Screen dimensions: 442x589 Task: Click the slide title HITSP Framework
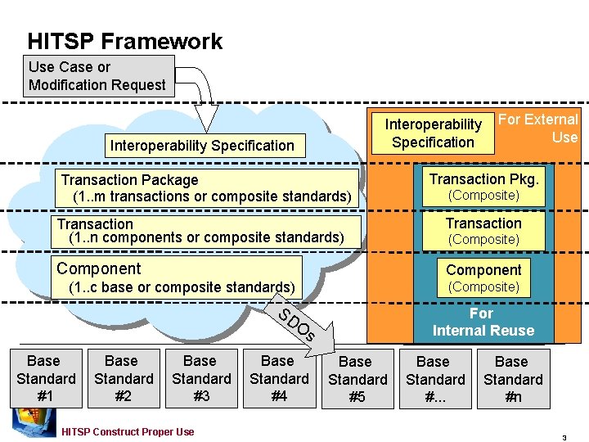point(124,41)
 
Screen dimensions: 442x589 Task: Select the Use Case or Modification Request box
point(98,76)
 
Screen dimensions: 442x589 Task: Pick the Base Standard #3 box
point(200,379)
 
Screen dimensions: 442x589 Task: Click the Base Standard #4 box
point(278,379)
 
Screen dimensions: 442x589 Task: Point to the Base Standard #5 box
point(356,380)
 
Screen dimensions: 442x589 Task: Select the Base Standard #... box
point(434,380)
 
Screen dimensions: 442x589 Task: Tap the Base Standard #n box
point(512,380)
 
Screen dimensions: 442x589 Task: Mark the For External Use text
point(540,129)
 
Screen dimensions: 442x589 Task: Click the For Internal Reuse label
point(483,322)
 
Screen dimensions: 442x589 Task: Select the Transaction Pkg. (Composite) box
point(483,187)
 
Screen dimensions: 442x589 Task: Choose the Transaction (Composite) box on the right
point(483,231)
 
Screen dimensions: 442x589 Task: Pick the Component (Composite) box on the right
point(483,277)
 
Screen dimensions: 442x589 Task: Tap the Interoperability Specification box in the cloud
point(202,146)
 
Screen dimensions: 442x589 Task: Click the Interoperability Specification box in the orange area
point(433,133)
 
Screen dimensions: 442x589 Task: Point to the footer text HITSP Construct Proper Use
point(128,431)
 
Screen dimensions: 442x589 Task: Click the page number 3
point(564,437)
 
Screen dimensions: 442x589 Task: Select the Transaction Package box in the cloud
point(209,188)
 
